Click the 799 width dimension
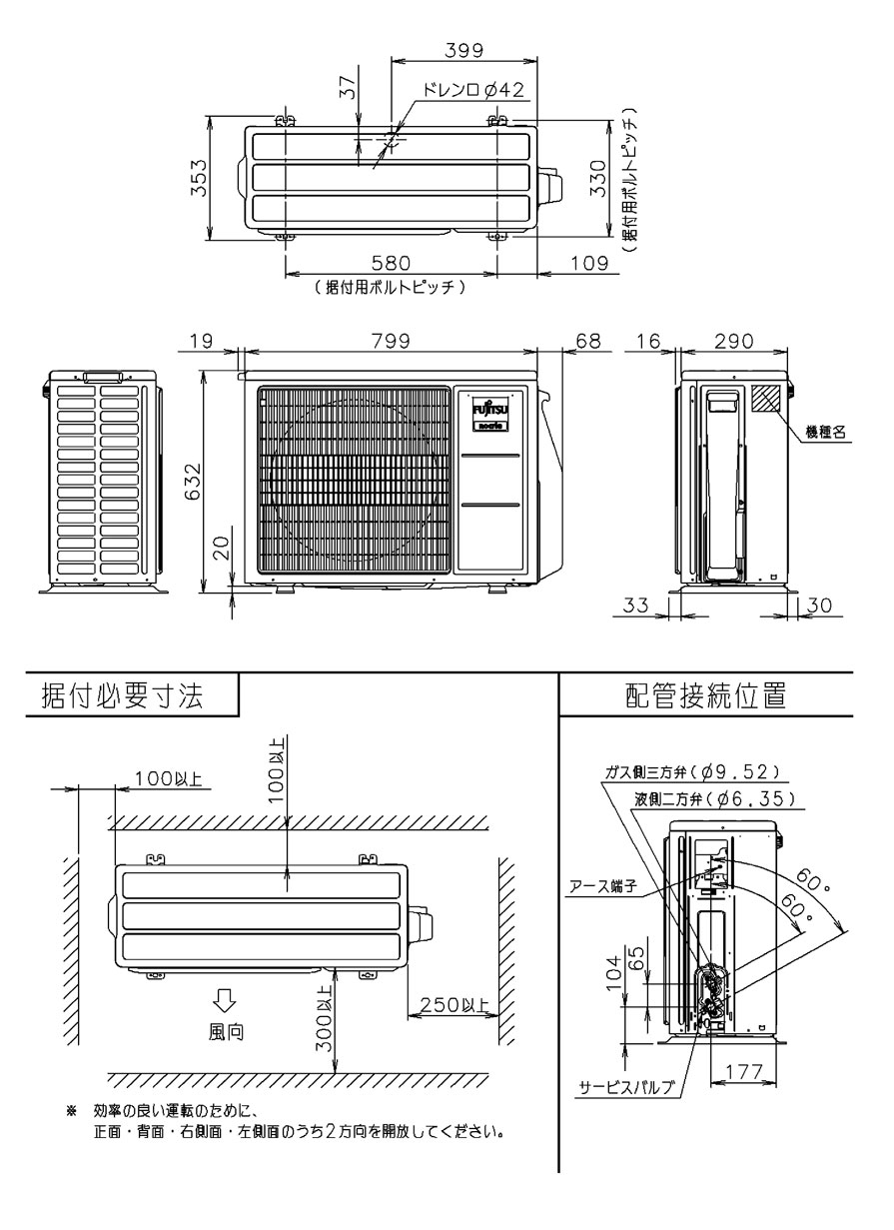(x=390, y=342)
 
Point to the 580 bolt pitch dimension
(x=391, y=264)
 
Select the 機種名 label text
(x=826, y=433)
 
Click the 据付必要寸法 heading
(x=122, y=696)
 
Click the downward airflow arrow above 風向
(x=225, y=1000)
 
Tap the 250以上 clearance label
(x=451, y=1006)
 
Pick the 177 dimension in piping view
(x=743, y=1071)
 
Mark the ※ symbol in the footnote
(x=71, y=1111)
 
